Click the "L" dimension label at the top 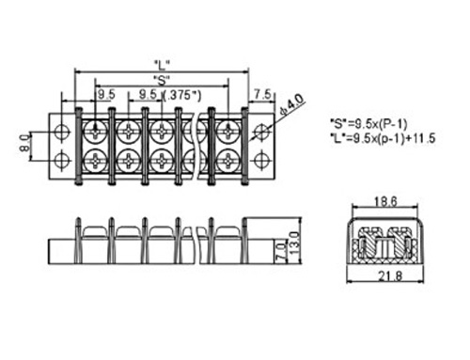pyautogui.click(x=162, y=65)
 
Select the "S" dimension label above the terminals pyautogui.click(x=162, y=81)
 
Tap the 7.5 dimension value pyautogui.click(x=262, y=94)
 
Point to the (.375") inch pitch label pyautogui.click(x=182, y=95)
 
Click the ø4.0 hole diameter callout pyautogui.click(x=292, y=105)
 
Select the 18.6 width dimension pyautogui.click(x=385, y=201)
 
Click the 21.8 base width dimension pyautogui.click(x=390, y=276)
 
